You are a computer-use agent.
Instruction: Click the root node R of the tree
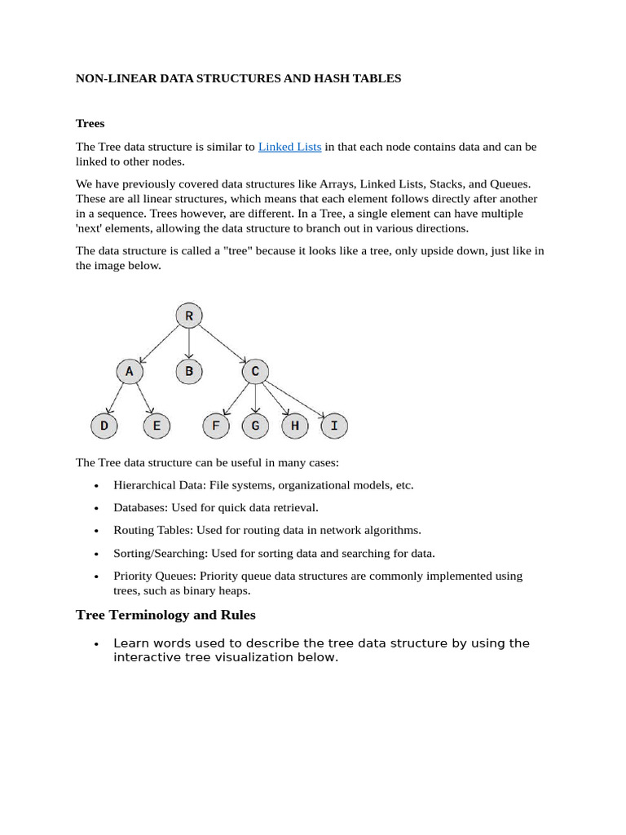point(189,316)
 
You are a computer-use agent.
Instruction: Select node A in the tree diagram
point(129,372)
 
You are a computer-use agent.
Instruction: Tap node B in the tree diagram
point(189,372)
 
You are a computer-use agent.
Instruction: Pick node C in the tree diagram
point(255,372)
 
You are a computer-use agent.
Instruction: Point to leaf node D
point(104,426)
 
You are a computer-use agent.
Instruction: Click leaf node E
point(156,426)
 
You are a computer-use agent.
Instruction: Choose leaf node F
point(216,426)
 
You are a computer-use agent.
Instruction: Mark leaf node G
point(255,426)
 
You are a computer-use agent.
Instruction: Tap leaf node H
point(294,426)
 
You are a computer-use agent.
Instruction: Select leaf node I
point(334,426)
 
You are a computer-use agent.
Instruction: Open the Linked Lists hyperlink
point(289,147)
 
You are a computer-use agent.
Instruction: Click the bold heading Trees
point(90,123)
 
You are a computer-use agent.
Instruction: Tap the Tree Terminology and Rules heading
point(165,614)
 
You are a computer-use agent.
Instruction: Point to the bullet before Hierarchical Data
point(97,485)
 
